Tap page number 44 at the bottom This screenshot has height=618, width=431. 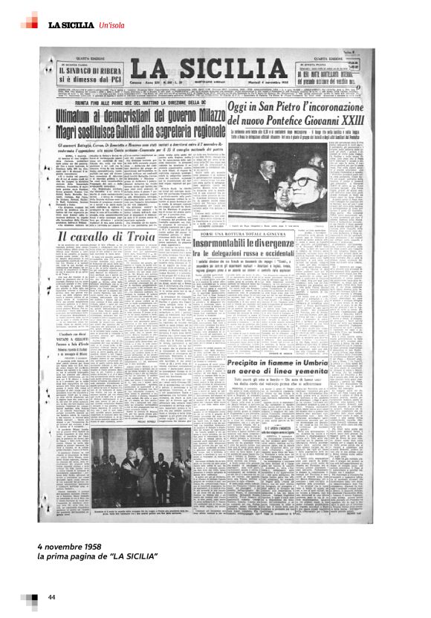point(51,597)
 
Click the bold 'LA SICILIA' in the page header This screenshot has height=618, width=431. point(71,25)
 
